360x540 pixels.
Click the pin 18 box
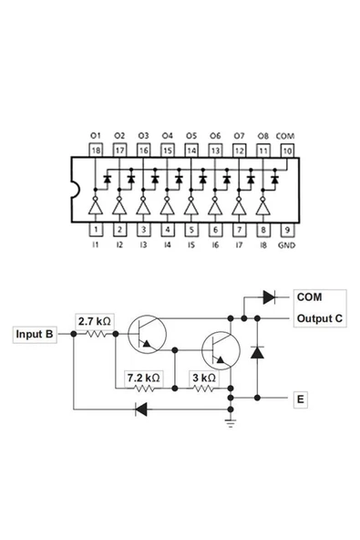click(x=96, y=149)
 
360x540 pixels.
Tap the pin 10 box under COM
click(x=286, y=149)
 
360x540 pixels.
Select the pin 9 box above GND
click(x=286, y=231)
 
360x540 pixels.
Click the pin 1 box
click(x=96, y=231)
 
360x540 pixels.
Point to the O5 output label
click(x=190, y=133)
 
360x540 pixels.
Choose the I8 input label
click(x=262, y=245)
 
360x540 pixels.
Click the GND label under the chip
click(x=286, y=245)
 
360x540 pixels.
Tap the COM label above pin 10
click(x=286, y=133)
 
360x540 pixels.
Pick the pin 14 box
click(x=190, y=149)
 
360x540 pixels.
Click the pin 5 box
click(x=190, y=231)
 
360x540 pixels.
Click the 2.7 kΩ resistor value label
click(x=95, y=322)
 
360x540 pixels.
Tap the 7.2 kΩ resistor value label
click(x=143, y=377)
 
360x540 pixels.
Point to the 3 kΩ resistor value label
click(x=202, y=377)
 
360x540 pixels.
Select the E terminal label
click(x=300, y=400)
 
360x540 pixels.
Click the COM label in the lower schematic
click(x=309, y=297)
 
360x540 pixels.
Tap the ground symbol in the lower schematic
click(x=231, y=422)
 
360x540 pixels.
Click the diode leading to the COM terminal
click(x=268, y=297)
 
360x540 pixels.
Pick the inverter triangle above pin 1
click(x=96, y=208)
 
